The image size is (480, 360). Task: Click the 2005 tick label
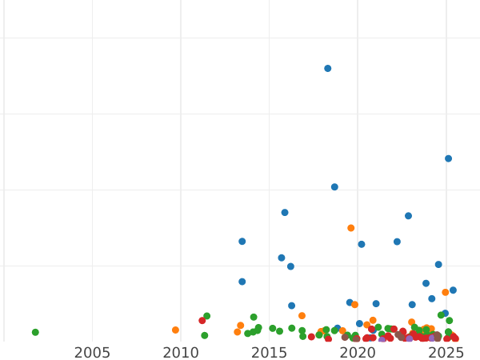tap(92, 353)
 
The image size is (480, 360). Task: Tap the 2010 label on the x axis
tap(181, 353)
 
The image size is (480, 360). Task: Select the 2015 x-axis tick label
tap(269, 353)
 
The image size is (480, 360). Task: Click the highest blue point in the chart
tap(328, 69)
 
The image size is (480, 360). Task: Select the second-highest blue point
tap(448, 158)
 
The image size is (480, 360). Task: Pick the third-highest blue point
tap(334, 187)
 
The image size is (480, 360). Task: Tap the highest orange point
tap(351, 228)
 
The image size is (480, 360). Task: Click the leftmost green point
tap(35, 332)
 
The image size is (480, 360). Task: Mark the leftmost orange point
tap(175, 330)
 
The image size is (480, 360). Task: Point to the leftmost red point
tap(202, 321)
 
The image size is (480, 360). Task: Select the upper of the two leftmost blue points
tap(242, 242)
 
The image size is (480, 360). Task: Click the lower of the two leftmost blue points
tap(242, 282)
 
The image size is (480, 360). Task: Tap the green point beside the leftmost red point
tap(207, 316)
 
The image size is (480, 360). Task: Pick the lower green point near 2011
tap(205, 335)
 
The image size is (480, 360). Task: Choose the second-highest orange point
tap(446, 292)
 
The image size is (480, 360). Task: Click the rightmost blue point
tap(453, 290)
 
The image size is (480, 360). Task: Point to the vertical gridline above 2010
tap(181, 160)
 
